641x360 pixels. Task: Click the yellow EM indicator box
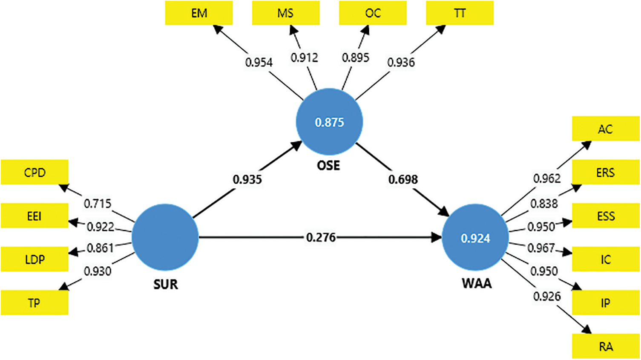[199, 13]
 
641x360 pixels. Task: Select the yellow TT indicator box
[460, 13]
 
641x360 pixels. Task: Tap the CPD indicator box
[34, 173]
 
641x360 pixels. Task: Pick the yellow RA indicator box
[606, 346]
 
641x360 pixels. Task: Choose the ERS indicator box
[606, 173]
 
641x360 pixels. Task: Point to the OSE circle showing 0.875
[329, 122]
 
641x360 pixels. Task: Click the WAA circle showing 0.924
[475, 238]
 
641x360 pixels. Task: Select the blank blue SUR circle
[165, 237]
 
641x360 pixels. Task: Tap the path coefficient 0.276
[321, 237]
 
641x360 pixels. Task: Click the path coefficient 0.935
[247, 179]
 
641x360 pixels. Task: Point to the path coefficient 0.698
[403, 179]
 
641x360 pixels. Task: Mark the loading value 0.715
[98, 204]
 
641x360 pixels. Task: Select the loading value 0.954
[259, 63]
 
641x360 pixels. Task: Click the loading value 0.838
[544, 204]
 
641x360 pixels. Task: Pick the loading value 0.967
[541, 248]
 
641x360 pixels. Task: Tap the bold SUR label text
[166, 284]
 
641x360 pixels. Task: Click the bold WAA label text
[477, 283]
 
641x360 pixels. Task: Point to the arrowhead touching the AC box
[587, 145]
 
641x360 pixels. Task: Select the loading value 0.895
[356, 58]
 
